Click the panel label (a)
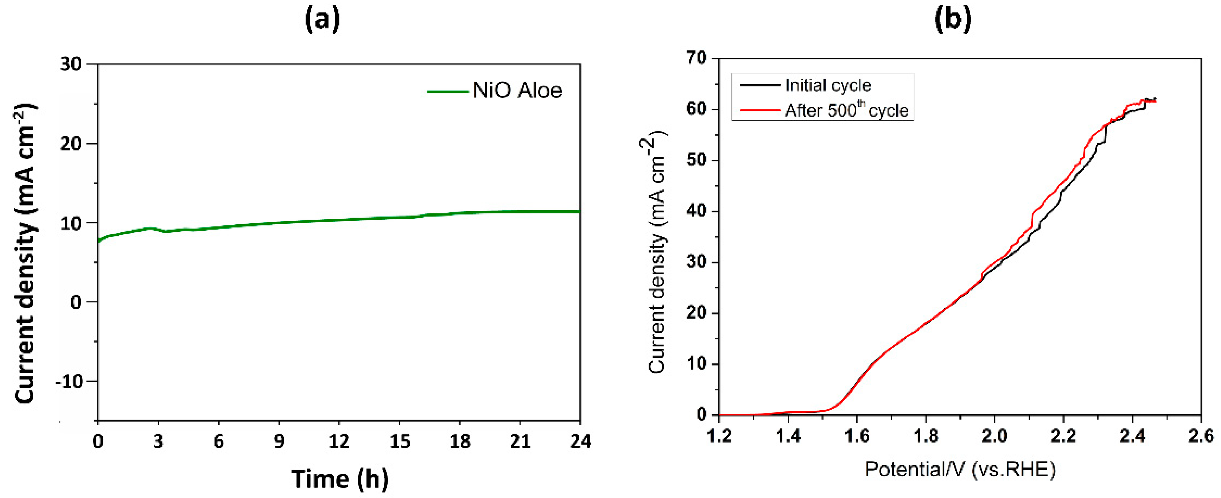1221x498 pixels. [x=322, y=20]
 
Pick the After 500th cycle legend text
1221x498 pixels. [x=846, y=110]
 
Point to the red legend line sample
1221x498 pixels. [x=760, y=110]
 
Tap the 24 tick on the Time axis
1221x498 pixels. [x=580, y=442]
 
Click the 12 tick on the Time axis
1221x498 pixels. [x=339, y=442]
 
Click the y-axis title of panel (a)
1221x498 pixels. [x=25, y=254]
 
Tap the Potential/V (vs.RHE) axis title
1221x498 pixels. [x=960, y=470]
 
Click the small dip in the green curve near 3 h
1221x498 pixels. [x=165, y=231]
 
